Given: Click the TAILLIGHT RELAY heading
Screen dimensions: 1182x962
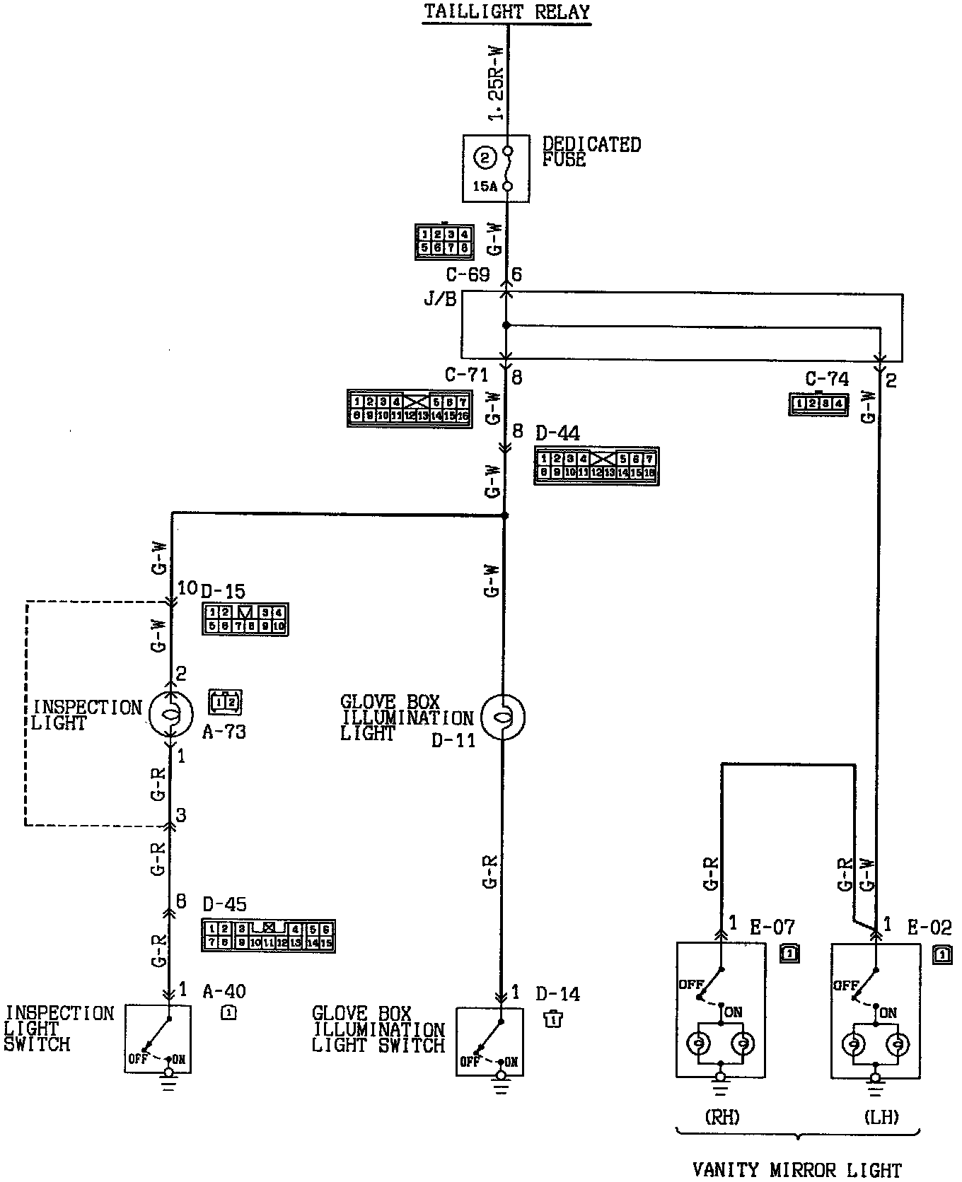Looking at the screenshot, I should tap(506, 12).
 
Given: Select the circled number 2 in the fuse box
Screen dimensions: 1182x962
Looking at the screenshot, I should tap(485, 158).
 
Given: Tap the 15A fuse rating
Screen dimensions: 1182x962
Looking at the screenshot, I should tap(485, 187).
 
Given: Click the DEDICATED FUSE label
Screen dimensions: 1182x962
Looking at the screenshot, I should tap(591, 152).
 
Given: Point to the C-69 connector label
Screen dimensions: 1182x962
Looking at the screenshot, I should tap(468, 274).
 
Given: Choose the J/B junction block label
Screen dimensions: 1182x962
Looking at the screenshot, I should tap(440, 299).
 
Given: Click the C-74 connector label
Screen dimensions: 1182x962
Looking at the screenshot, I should tap(827, 380).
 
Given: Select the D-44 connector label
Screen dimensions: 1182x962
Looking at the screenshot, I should tap(557, 433).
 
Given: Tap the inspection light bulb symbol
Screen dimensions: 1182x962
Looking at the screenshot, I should tap(170, 715).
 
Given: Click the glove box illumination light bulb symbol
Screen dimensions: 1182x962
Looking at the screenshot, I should tap(502, 718).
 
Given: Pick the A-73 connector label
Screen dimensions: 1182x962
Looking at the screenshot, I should tap(224, 732).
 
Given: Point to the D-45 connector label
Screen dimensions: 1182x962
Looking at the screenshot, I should tap(225, 905).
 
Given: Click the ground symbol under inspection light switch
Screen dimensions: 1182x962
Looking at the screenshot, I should tap(168, 1082).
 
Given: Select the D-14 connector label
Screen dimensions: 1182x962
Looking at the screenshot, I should tap(557, 994).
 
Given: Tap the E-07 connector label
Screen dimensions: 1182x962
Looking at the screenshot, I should tap(772, 927).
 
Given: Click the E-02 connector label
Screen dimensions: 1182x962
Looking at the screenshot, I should tap(929, 927).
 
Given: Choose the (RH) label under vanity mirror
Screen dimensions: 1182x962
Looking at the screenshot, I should tap(721, 1117).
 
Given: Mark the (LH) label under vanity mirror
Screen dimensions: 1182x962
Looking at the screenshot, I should tap(881, 1117).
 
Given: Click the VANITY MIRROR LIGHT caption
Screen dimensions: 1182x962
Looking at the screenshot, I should tap(797, 1170).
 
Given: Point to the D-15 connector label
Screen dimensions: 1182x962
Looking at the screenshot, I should tap(223, 591).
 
